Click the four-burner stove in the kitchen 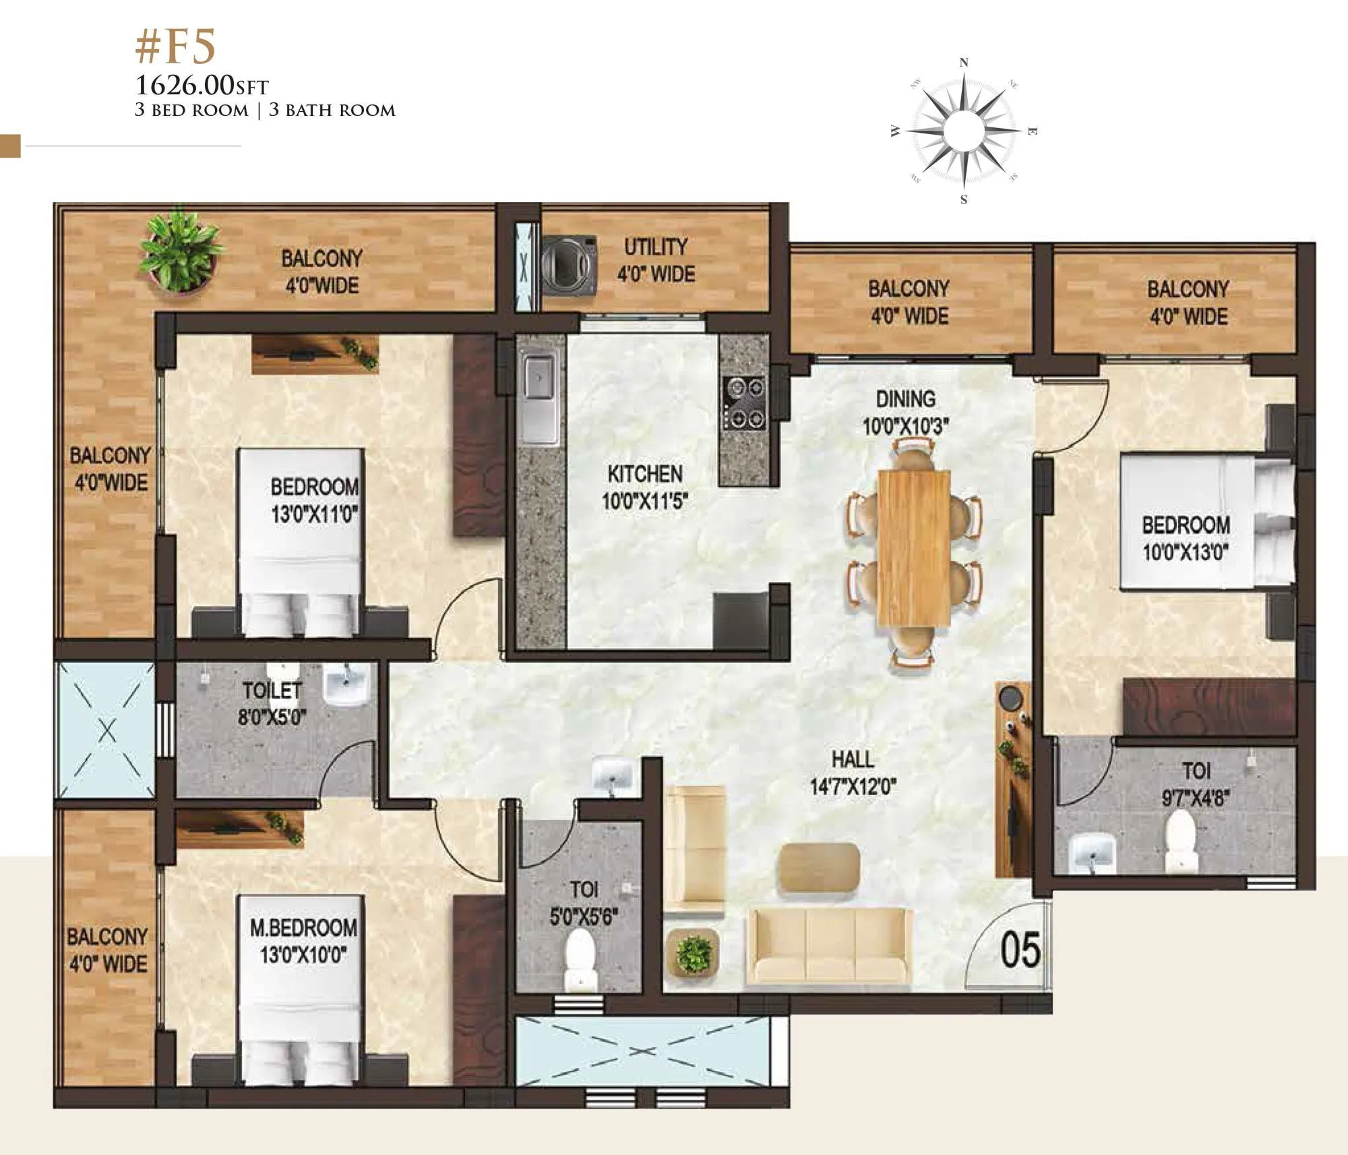[745, 403]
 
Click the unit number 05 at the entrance [1020, 949]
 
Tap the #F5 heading [175, 48]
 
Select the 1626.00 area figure [184, 86]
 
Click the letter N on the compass [964, 63]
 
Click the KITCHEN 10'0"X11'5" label [645, 487]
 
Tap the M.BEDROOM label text [303, 927]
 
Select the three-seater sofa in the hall [830, 945]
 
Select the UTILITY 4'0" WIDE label [655, 260]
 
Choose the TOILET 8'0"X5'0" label [272, 703]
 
